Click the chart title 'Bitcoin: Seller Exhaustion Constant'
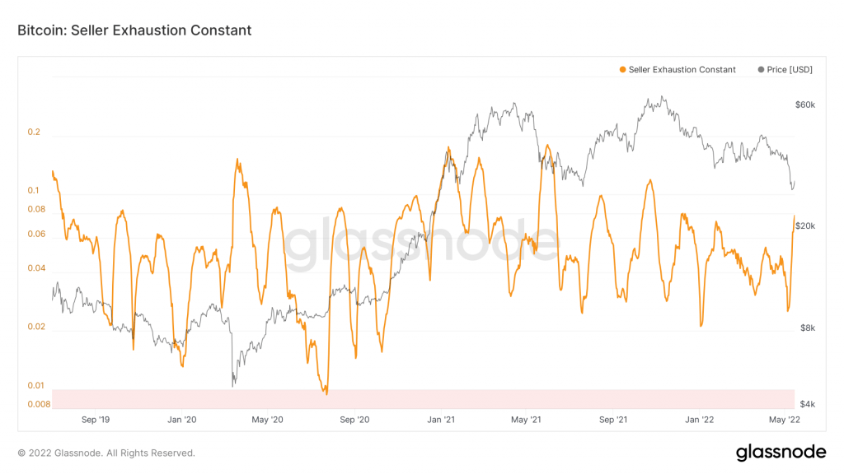click(x=134, y=30)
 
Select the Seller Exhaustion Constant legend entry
click(x=677, y=70)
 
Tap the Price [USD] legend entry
click(x=785, y=70)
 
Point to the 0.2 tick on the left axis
click(x=34, y=132)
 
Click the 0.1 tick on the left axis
click(x=34, y=191)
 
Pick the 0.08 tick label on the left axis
click(x=36, y=209)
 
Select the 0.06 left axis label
click(x=36, y=234)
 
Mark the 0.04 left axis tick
click(x=36, y=268)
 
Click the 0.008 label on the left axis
click(x=39, y=404)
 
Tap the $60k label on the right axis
click(x=804, y=105)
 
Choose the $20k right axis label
click(x=804, y=226)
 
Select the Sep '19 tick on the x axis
click(x=95, y=420)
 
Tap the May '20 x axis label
click(x=267, y=420)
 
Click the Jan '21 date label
click(x=442, y=420)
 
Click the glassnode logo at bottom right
click(x=780, y=452)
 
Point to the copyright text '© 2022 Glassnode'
click(x=106, y=453)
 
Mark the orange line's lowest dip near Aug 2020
click(x=326, y=394)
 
